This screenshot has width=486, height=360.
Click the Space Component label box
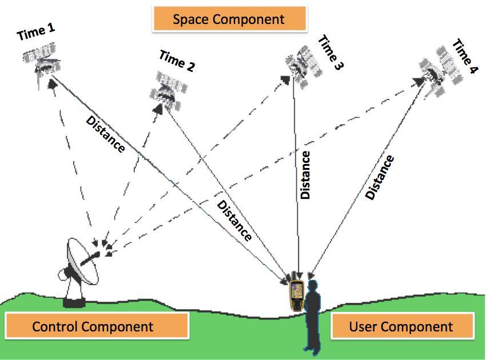click(x=229, y=19)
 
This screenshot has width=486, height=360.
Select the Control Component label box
click(x=97, y=326)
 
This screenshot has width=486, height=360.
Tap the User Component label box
click(x=403, y=326)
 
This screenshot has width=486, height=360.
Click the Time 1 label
click(x=36, y=31)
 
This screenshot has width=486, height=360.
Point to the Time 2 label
click(x=177, y=61)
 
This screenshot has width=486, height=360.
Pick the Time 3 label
click(x=331, y=52)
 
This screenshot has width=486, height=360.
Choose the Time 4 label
click(x=465, y=56)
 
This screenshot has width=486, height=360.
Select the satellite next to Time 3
click(x=303, y=67)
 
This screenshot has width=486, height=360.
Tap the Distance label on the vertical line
click(x=305, y=175)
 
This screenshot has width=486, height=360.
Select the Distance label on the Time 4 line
click(x=380, y=177)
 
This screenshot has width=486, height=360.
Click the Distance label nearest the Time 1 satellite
click(x=105, y=134)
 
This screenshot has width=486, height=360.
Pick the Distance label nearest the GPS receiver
click(x=234, y=220)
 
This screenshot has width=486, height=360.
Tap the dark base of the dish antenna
click(x=74, y=302)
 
